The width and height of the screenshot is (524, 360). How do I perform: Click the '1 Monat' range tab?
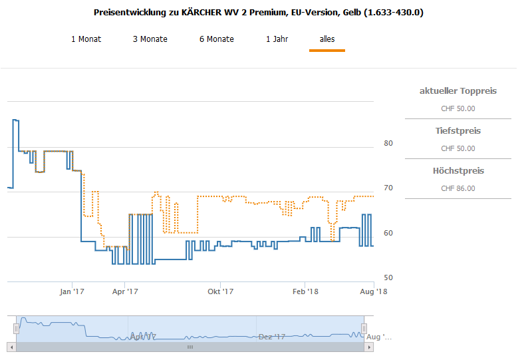(86, 39)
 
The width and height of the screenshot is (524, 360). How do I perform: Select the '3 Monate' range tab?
(150, 39)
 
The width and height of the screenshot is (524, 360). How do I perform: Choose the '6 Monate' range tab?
(216, 39)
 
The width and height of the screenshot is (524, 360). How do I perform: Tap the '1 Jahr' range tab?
(277, 39)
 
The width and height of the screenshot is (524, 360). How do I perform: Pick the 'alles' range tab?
(327, 39)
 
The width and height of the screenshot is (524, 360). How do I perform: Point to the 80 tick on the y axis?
(388, 143)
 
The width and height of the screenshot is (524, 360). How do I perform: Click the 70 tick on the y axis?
(388, 188)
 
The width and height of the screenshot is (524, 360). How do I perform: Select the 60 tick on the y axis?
(388, 233)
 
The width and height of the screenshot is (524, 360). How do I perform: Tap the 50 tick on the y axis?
(388, 277)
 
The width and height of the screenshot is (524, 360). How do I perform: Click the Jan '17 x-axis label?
(72, 291)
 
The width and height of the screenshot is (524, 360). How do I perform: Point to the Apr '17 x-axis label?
(125, 291)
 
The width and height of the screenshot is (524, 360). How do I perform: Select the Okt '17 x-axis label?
(221, 291)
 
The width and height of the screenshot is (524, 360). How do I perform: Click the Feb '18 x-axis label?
(305, 291)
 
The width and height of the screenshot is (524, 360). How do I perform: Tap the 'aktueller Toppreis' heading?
(458, 91)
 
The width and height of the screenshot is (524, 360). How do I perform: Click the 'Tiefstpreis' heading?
(458, 131)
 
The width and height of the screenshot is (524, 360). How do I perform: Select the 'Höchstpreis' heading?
(458, 171)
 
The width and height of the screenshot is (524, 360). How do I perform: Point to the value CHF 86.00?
(458, 188)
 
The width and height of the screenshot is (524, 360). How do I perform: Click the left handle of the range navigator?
(17, 329)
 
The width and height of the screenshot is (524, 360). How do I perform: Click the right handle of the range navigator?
(364, 329)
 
